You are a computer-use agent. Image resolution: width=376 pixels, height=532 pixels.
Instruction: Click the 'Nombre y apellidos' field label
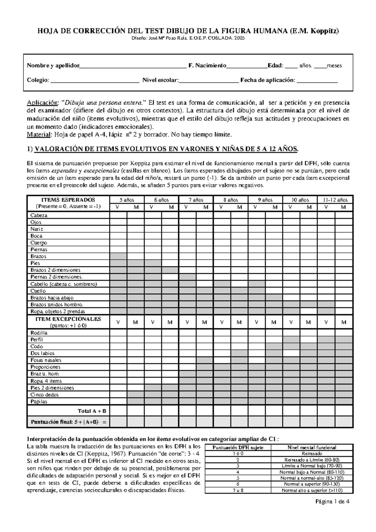pyautogui.click(x=53, y=65)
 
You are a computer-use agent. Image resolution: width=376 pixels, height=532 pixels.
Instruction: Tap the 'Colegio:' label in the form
pyautogui.click(x=38, y=80)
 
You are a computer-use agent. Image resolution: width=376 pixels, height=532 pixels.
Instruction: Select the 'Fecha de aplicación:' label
pyautogui.click(x=268, y=80)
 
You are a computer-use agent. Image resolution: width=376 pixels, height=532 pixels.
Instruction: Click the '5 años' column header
pyautogui.click(x=127, y=200)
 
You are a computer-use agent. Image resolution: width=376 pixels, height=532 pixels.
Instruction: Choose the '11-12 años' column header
pyautogui.click(x=335, y=200)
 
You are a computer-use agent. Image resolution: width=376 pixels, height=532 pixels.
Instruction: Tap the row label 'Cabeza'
pyautogui.click(x=39, y=216)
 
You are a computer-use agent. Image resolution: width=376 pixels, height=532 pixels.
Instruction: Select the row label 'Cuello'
pyautogui.click(x=38, y=291)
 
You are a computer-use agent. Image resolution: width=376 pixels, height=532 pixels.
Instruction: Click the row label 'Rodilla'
pyautogui.click(x=39, y=333)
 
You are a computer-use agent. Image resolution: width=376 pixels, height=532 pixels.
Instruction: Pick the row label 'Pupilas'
pyautogui.click(x=39, y=402)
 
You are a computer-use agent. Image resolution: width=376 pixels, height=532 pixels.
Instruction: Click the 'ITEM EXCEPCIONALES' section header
pyautogui.click(x=69, y=319)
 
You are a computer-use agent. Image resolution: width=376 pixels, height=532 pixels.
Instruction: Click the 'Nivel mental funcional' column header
pyautogui.click(x=312, y=447)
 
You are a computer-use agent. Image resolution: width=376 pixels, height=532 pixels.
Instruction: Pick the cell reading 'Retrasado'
pyautogui.click(x=312, y=453)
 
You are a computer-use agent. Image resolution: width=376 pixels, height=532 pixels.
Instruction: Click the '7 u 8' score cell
pyautogui.click(x=238, y=490)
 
